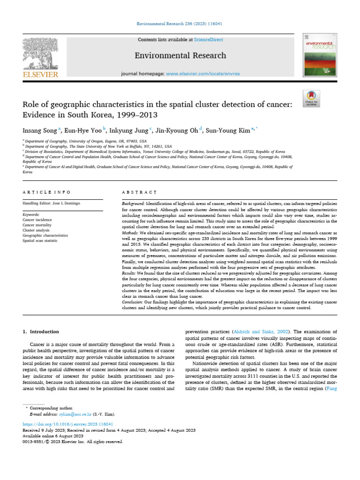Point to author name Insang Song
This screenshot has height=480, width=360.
41,131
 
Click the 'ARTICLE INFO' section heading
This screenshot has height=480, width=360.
47,192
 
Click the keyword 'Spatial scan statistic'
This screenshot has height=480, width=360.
40,240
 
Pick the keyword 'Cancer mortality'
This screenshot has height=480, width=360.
37,225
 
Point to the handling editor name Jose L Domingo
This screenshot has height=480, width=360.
66,203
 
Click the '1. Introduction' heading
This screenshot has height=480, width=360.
41,332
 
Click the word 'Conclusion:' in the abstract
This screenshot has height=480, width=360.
130,303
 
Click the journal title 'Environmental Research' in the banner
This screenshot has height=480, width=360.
180,56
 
